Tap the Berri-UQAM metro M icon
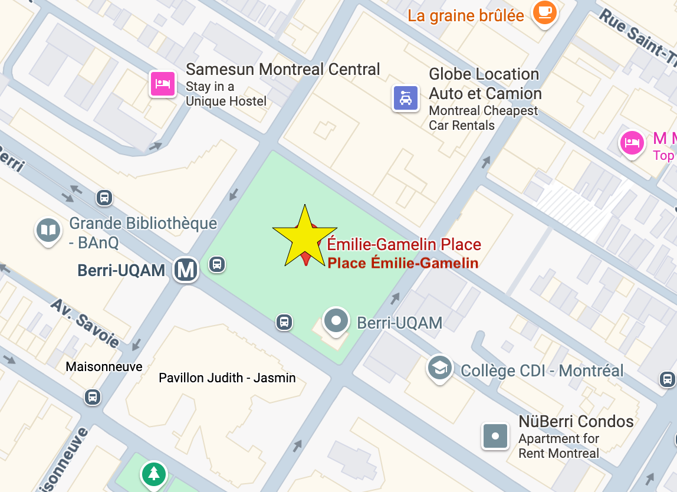(x=186, y=270)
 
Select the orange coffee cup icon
(x=544, y=12)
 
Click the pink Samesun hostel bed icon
(x=162, y=83)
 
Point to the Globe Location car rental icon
(x=406, y=97)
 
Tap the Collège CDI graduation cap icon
(x=440, y=368)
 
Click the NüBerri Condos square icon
(x=495, y=436)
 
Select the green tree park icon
(x=153, y=473)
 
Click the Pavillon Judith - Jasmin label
(x=227, y=378)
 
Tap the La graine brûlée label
(x=466, y=15)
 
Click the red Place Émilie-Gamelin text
(x=403, y=263)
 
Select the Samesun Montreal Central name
(x=283, y=69)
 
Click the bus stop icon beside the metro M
(x=217, y=264)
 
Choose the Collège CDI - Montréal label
(x=542, y=370)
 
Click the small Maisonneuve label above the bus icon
(x=104, y=366)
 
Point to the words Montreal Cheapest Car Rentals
(x=483, y=118)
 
